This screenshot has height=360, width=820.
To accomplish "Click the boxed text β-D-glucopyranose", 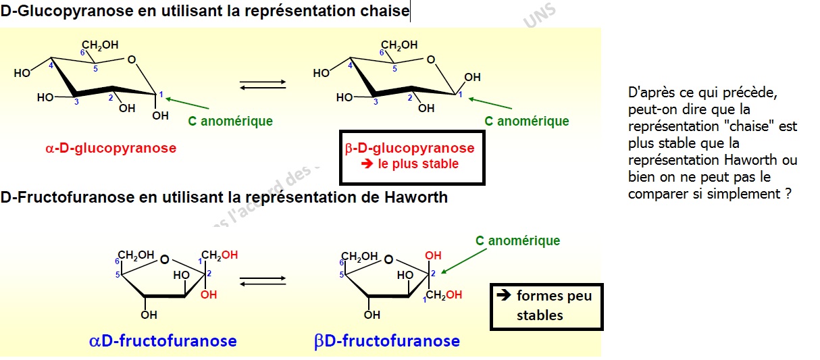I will (409, 149).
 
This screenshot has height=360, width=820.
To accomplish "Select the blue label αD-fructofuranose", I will (163, 340).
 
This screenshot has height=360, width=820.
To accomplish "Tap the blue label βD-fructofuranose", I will (387, 340).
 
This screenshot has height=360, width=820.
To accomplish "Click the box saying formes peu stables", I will (544, 306).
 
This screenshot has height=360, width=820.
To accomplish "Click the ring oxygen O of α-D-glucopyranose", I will (132, 61).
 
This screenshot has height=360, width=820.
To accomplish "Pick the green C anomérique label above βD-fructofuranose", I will (517, 241).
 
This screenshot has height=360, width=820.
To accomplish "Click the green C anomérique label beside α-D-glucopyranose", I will (230, 122).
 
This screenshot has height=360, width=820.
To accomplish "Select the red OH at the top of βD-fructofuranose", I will (433, 256).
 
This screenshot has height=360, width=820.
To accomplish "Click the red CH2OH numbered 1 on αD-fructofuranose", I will (220, 255).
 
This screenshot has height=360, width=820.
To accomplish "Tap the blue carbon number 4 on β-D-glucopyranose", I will (351, 65).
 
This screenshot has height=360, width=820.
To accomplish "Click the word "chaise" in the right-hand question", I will (747, 126).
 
